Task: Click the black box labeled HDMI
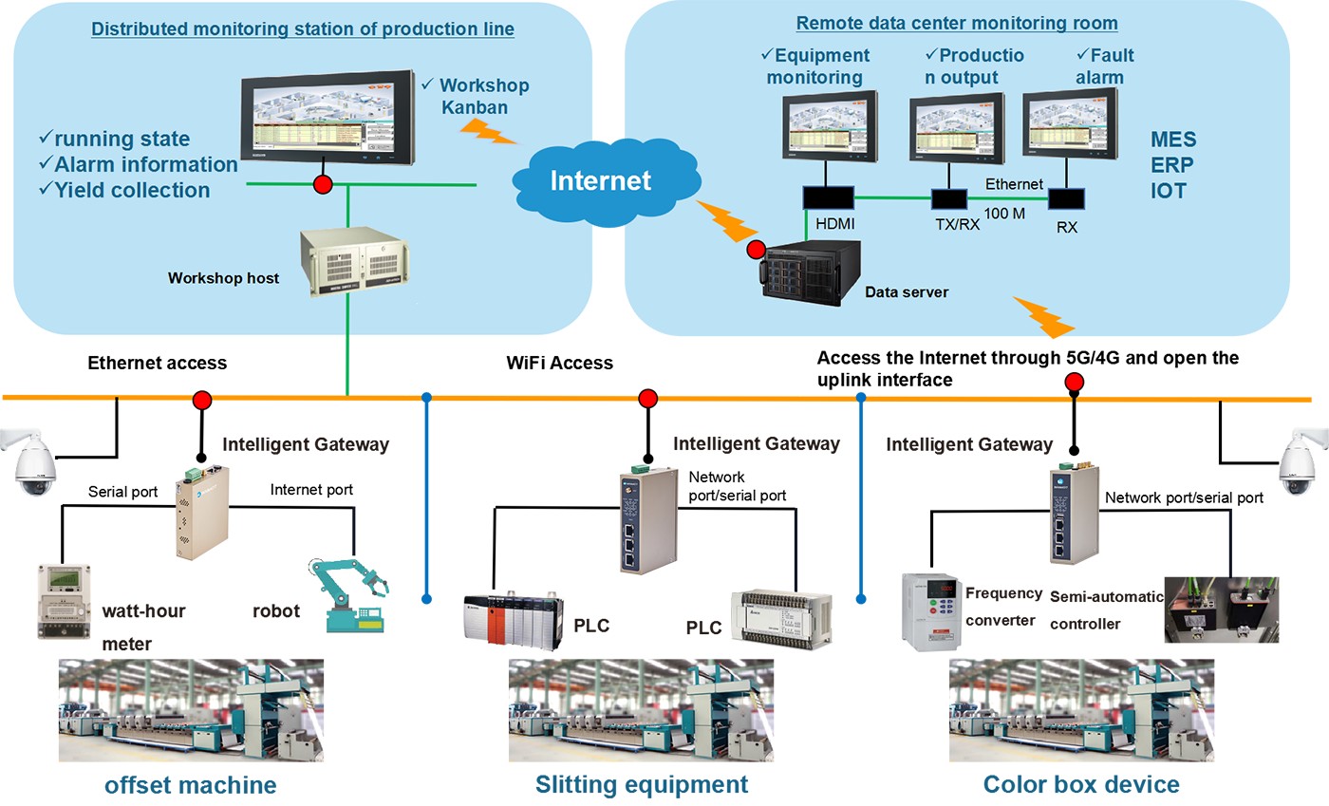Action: click(x=828, y=198)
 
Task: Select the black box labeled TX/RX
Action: click(x=947, y=199)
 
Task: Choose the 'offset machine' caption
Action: click(x=191, y=785)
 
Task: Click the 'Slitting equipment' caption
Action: click(x=642, y=785)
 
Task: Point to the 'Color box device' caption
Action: click(x=1081, y=785)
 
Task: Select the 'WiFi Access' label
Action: click(x=560, y=363)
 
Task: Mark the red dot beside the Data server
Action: click(x=756, y=251)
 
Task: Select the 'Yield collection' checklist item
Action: click(x=124, y=190)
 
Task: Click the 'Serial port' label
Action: click(x=122, y=492)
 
